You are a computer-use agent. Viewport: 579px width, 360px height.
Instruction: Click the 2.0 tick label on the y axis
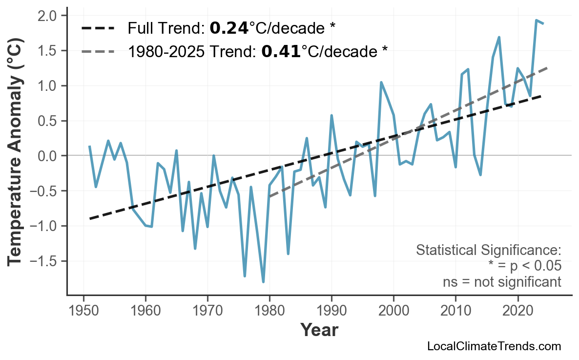(x=48, y=16)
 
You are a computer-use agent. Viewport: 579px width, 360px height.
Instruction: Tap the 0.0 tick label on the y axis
(x=48, y=156)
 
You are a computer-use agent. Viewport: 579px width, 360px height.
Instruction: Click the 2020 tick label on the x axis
(x=517, y=311)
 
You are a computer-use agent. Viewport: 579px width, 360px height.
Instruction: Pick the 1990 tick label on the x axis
(x=331, y=311)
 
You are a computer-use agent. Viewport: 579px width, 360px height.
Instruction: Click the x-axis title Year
(x=319, y=331)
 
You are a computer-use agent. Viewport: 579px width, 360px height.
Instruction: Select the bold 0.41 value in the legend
(x=281, y=51)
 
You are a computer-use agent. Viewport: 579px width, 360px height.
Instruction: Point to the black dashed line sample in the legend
(x=98, y=28)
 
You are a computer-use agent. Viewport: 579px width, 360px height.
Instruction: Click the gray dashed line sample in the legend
(x=98, y=51)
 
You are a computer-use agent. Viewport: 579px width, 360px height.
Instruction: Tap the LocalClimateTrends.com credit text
(x=494, y=347)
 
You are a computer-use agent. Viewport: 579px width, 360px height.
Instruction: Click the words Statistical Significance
(x=488, y=251)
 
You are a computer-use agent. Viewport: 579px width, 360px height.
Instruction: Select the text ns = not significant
(x=501, y=282)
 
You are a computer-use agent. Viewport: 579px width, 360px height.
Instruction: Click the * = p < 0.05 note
(x=524, y=266)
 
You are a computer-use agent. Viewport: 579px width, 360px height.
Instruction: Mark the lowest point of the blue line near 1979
(x=263, y=282)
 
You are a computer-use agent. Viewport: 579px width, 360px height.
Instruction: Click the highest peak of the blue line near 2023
(x=536, y=21)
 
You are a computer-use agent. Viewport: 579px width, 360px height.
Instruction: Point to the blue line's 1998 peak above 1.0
(x=381, y=83)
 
